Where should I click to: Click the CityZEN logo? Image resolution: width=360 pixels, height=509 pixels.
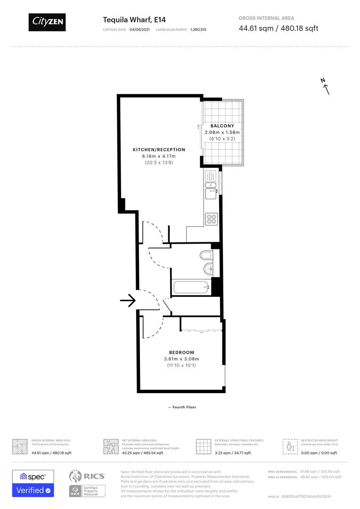point(47,22)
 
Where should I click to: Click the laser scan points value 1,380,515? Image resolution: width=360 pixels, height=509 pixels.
point(198,29)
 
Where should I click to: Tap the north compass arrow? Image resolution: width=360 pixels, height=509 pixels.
point(325,86)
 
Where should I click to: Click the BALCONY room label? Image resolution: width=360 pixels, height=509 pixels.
point(222,126)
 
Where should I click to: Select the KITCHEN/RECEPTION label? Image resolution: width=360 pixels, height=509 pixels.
point(159,149)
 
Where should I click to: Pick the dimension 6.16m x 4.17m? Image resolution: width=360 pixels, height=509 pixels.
point(159,156)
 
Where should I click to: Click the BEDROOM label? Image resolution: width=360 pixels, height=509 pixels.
point(181,353)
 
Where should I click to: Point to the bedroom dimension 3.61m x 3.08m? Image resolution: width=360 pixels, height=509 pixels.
point(181,359)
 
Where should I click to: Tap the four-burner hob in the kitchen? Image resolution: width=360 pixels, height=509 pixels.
point(211,219)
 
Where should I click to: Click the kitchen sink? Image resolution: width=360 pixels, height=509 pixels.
point(210,192)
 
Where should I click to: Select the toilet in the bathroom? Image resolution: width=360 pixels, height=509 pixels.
point(206,255)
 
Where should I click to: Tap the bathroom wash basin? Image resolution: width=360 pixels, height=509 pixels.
point(208,270)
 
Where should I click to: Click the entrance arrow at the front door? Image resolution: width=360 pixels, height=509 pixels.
point(128,300)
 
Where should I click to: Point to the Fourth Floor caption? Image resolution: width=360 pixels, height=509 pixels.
point(182,407)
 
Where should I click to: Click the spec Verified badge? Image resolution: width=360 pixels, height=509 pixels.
point(33,483)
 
